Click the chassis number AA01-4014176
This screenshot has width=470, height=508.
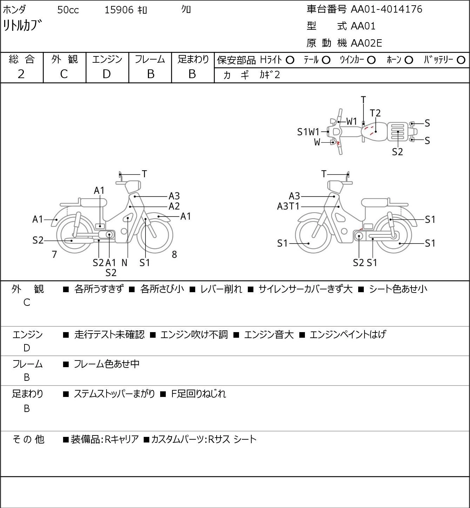[386, 9]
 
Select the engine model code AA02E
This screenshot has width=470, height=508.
[366, 43]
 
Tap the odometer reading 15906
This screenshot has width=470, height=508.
[119, 10]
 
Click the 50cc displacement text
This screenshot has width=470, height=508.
[68, 10]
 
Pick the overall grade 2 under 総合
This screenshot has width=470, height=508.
[21, 74]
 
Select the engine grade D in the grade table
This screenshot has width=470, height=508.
[107, 74]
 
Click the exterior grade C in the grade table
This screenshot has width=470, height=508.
[64, 74]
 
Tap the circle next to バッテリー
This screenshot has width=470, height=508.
[461, 60]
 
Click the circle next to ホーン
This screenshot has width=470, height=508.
[409, 60]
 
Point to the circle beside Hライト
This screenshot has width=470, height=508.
[290, 60]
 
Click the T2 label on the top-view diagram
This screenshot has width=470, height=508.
[375, 113]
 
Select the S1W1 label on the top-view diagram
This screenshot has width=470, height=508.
[308, 132]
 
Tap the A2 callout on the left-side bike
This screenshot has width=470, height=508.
[174, 206]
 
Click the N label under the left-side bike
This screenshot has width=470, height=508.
[124, 263]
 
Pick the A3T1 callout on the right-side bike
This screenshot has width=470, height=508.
[288, 206]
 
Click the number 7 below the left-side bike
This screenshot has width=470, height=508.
[54, 254]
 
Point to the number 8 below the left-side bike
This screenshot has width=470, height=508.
[174, 254]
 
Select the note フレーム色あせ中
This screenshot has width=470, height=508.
[107, 364]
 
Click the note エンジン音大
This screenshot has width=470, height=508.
[269, 335]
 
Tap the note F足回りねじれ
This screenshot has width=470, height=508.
[198, 394]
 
